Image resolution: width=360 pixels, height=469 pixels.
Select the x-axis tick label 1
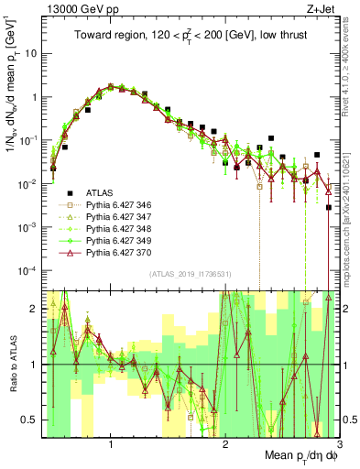pyautogui.click(x=111, y=444)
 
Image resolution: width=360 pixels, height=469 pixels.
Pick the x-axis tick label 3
pyautogui.click(x=340, y=444)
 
